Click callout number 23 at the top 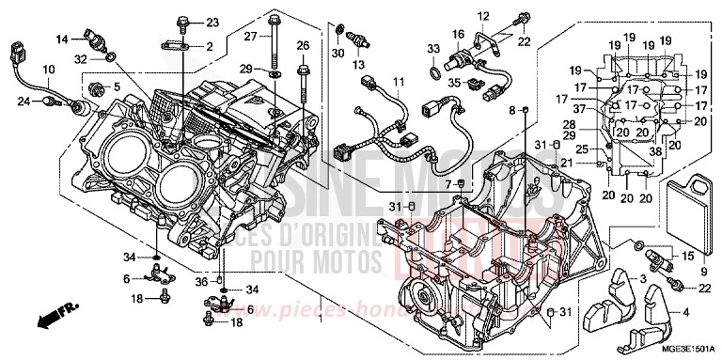212,22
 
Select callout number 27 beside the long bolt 251,37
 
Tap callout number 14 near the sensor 61,39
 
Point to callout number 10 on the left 48,70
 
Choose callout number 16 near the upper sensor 459,34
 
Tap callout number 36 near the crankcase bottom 200,281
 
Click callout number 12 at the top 482,15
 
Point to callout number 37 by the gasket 580,109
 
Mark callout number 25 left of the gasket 582,150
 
